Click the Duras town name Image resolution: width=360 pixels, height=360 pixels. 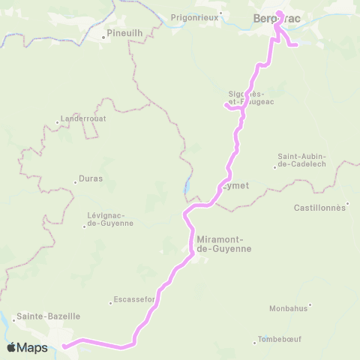coord(89,179)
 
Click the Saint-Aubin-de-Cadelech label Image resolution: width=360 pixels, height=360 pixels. coord(301,161)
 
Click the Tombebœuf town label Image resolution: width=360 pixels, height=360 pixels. coord(279,339)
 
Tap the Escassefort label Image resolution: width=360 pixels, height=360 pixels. coord(133,301)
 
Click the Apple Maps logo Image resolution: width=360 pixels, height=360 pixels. coord(27,348)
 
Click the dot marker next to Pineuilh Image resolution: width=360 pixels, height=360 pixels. coord(103,35)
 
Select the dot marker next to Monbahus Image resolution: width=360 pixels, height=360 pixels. coord(310,305)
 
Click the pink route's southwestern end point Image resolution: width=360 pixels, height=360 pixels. coord(64,346)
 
